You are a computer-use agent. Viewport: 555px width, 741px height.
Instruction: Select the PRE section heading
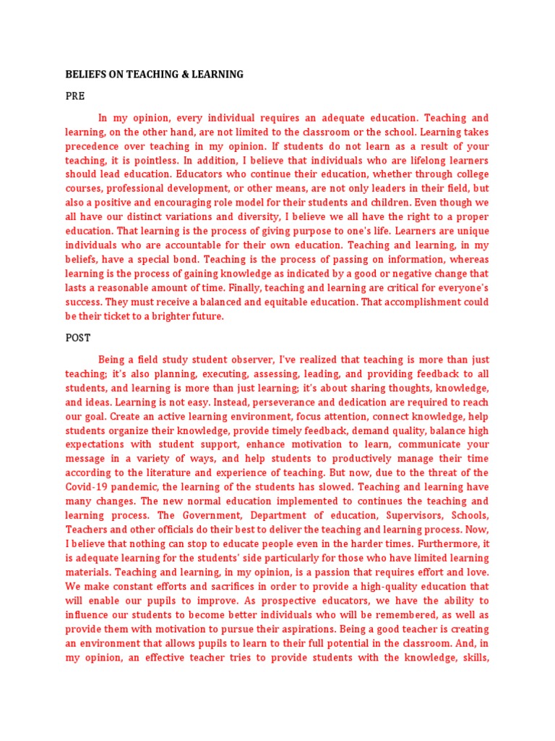tap(75, 96)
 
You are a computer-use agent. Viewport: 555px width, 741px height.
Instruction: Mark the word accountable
tap(176, 245)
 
